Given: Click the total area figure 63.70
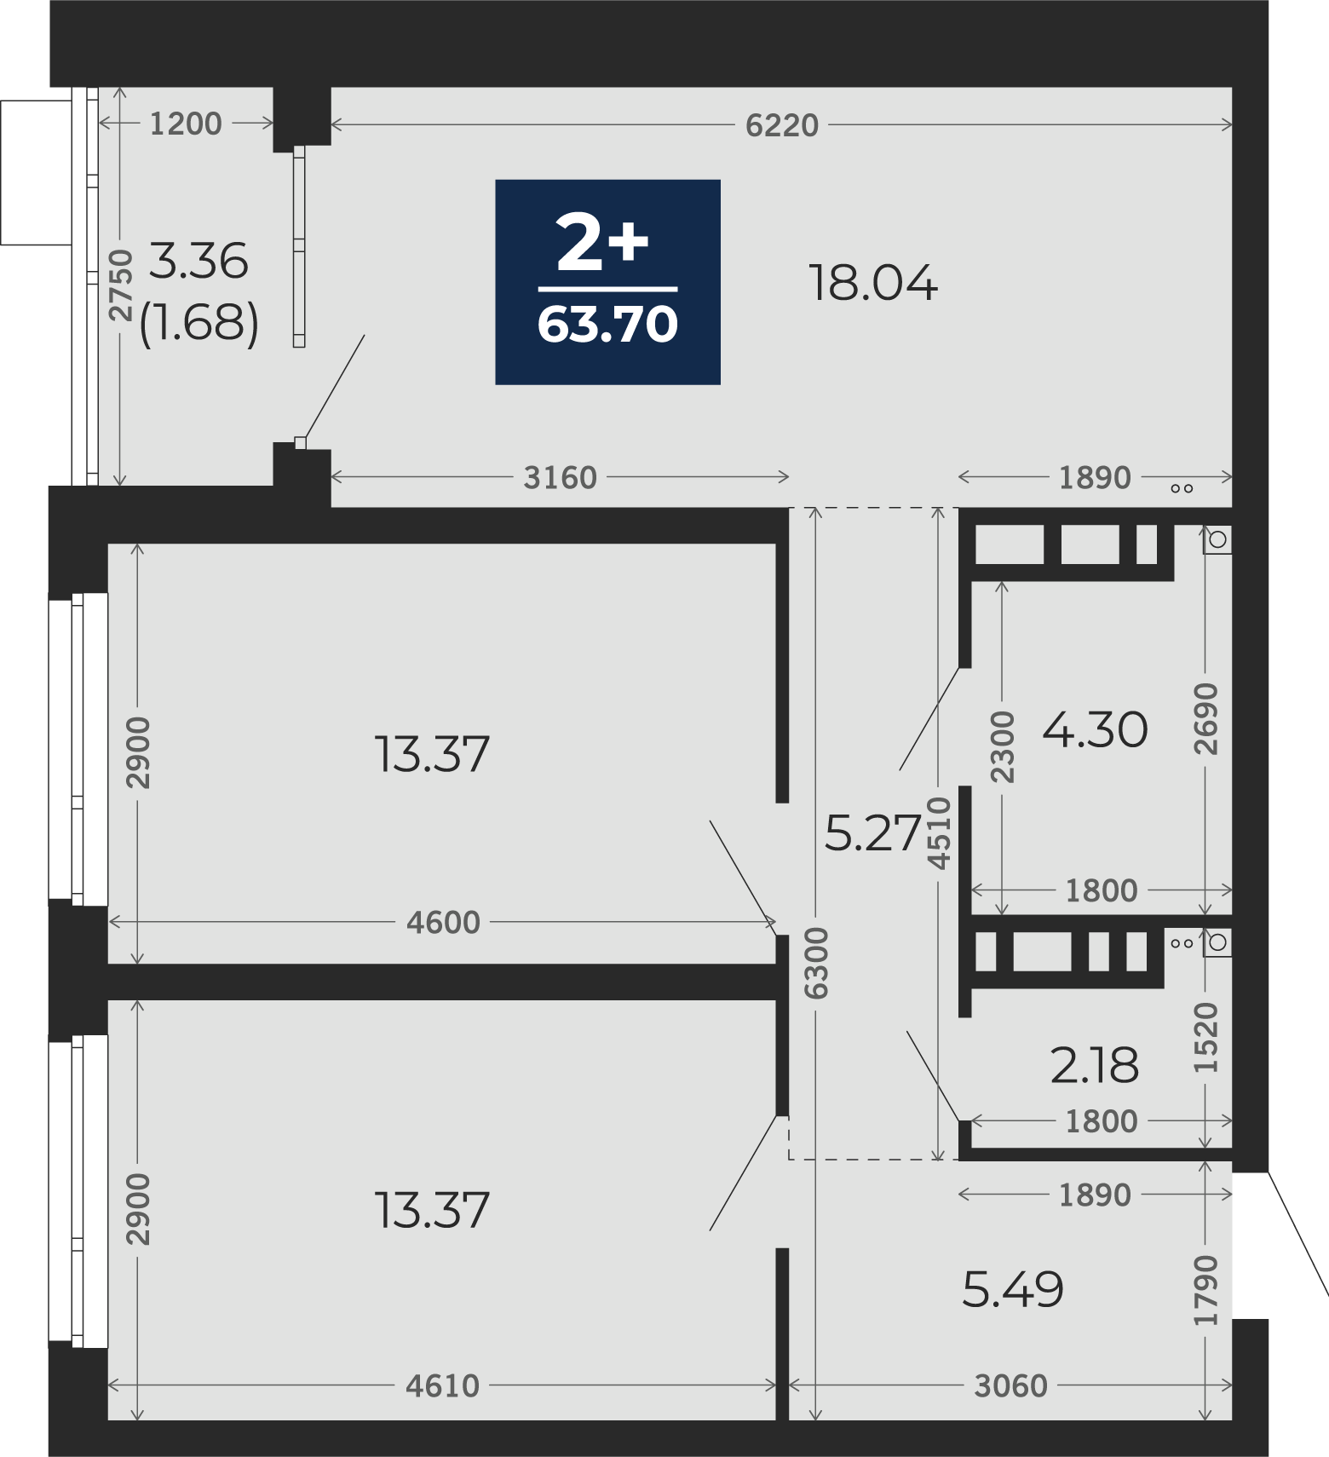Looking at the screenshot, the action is (x=607, y=325).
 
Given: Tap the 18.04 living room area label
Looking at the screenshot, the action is (x=873, y=283).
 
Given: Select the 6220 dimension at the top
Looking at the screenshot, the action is (x=781, y=125).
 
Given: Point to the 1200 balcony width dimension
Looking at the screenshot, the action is (x=186, y=124).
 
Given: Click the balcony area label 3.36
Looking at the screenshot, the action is (x=198, y=261).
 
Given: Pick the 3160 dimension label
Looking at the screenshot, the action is (x=560, y=478).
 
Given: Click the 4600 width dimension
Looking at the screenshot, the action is (x=443, y=922).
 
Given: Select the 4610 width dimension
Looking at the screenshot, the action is (x=443, y=1386).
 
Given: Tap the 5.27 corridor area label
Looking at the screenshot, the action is (x=874, y=832).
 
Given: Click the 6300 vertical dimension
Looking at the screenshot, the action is (x=816, y=963).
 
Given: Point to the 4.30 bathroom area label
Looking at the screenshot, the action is (x=1095, y=730).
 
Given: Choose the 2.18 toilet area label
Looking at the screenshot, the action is (x=1095, y=1065).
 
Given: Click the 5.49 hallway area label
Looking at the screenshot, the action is (x=1013, y=1289).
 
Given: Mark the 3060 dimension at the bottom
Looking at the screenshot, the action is (x=1010, y=1386).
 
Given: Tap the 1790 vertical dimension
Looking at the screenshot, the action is (x=1206, y=1290).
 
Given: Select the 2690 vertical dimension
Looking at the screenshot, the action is (x=1206, y=718).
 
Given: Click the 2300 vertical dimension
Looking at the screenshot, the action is (x=1003, y=746).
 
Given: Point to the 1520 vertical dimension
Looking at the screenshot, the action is (x=1206, y=1037).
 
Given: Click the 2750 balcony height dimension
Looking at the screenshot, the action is (x=122, y=285).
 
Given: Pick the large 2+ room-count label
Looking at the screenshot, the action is (x=602, y=244).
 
